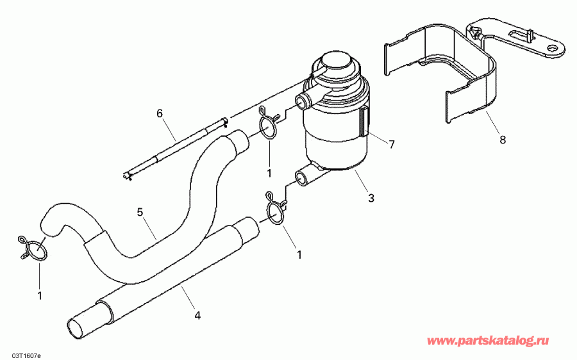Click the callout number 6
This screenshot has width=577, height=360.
coord(160,114)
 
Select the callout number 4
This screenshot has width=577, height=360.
coord(197,315)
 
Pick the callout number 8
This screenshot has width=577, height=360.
coord(502,139)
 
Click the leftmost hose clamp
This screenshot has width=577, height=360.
coord(33,248)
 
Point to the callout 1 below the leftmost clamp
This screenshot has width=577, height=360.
coord(39,296)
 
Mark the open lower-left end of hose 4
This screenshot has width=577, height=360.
coord(79,327)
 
